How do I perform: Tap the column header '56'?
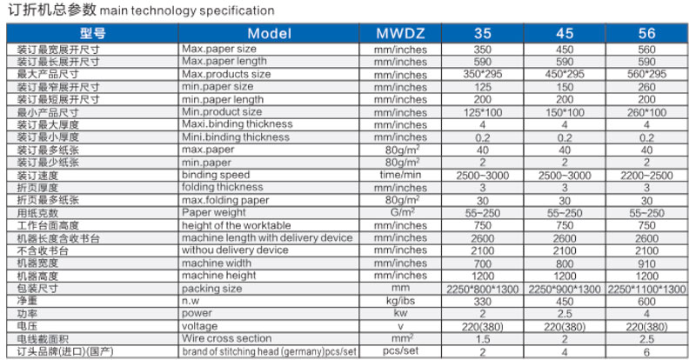pyautogui.click(x=646, y=33)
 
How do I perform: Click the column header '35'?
pyautogui.click(x=481, y=33)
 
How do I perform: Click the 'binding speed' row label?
pyautogui.click(x=215, y=175)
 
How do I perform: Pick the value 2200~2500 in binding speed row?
pyautogui.click(x=646, y=175)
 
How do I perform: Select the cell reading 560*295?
pyautogui.click(x=646, y=74)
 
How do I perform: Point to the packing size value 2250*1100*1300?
pyautogui.click(x=646, y=288)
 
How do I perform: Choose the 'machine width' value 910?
pyautogui.click(x=646, y=263)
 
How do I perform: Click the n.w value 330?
pyautogui.click(x=481, y=301)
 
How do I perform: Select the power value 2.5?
pyautogui.click(x=564, y=313)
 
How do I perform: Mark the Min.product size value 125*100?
pyautogui.click(x=481, y=112)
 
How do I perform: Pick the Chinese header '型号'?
pyautogui.click(x=92, y=33)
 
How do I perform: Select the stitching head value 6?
pyautogui.click(x=646, y=351)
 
